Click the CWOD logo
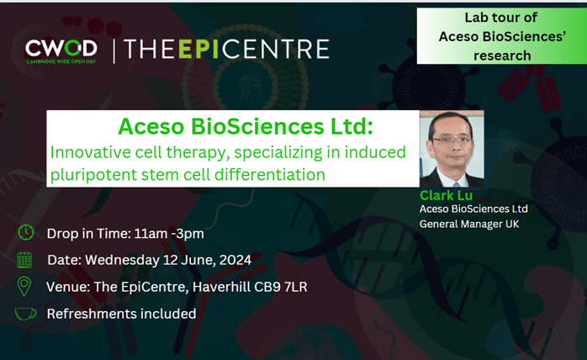(x=61, y=51)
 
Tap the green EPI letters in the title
(x=198, y=49)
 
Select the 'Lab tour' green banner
(x=502, y=36)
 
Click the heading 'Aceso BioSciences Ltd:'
(x=246, y=126)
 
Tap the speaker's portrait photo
(x=452, y=149)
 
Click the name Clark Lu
(x=446, y=195)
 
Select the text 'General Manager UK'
(x=469, y=224)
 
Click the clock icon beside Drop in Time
(x=26, y=233)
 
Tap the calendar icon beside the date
(x=24, y=260)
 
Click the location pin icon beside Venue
(x=24, y=287)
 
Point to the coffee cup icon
(x=25, y=314)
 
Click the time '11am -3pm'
(x=169, y=234)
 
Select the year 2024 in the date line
(x=235, y=260)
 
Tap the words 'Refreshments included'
(x=121, y=314)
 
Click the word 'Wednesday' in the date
(x=123, y=260)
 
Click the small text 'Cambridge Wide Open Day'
(x=61, y=61)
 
